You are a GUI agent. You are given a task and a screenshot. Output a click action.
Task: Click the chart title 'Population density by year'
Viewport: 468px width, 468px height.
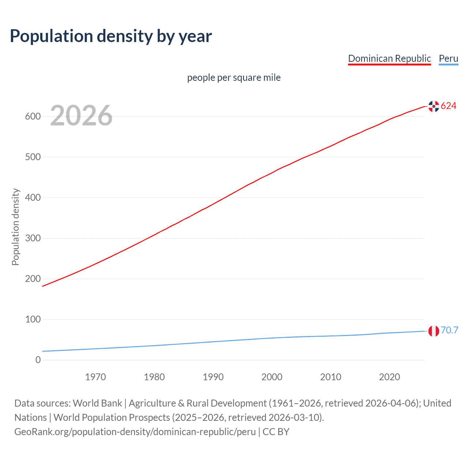tap(111, 36)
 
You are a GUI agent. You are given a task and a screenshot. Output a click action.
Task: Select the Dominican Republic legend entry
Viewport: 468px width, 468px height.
tap(389, 58)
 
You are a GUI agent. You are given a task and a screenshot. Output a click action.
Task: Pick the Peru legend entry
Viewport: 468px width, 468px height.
tap(448, 58)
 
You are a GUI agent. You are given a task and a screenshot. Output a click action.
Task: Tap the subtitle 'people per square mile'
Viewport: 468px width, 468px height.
tap(234, 78)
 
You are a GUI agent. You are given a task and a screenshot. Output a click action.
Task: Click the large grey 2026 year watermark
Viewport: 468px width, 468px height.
tap(81, 116)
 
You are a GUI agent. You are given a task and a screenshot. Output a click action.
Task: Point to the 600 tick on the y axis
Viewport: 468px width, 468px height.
tap(33, 117)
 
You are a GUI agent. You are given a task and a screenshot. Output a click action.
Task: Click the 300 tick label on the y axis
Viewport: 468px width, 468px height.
tap(33, 238)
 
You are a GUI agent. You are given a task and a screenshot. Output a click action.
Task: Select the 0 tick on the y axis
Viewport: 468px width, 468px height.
tap(38, 360)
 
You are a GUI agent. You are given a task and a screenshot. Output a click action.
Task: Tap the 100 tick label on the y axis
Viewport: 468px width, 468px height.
tap(33, 320)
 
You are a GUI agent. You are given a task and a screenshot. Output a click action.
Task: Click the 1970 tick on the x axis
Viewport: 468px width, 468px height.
tap(95, 377)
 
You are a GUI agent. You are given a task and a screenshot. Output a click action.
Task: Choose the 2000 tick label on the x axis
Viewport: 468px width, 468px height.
tap(272, 377)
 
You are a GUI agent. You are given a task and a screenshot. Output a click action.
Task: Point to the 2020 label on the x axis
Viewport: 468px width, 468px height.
tap(389, 377)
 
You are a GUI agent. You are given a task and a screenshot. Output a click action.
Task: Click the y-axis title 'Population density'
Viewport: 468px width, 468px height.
tap(15, 227)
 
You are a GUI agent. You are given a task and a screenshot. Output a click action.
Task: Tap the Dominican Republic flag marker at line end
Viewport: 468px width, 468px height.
tap(434, 106)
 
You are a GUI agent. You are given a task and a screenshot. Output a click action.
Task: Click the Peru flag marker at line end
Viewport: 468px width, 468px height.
tap(434, 331)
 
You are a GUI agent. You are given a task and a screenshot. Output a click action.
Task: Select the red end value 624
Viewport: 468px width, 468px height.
tap(449, 106)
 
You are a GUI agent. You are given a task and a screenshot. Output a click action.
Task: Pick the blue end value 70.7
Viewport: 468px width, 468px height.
tap(449, 331)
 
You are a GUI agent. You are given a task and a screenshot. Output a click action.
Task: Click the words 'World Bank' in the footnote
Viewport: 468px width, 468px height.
tap(97, 403)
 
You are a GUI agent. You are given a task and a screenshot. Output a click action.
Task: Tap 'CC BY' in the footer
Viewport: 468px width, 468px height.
tap(276, 432)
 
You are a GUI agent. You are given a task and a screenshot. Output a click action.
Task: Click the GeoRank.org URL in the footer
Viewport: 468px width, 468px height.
tap(135, 432)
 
